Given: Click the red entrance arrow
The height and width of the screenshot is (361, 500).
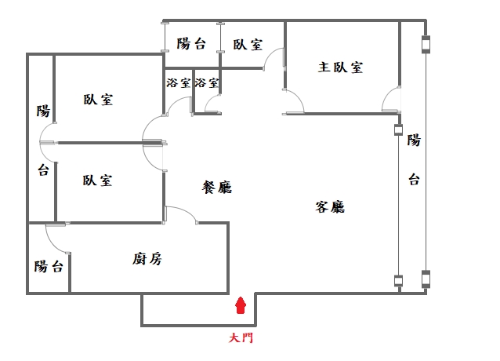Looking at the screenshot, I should click(x=241, y=304).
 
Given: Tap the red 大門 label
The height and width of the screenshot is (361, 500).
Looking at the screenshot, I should click(x=241, y=339).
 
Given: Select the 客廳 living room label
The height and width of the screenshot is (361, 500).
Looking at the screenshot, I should click(x=331, y=207).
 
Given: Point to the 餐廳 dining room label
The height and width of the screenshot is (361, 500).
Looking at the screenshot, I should click(x=217, y=188).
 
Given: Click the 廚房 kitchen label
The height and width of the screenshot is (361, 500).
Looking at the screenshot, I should click(x=147, y=259).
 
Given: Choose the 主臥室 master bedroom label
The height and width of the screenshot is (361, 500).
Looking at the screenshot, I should click(x=340, y=67).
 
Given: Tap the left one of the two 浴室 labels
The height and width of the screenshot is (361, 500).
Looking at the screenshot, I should click(x=178, y=82).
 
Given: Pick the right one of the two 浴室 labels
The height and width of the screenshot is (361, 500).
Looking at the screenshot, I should click(x=207, y=82).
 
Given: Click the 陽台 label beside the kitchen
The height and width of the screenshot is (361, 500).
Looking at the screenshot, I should click(x=49, y=267).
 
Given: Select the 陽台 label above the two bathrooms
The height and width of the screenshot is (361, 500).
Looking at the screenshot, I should click(x=191, y=44).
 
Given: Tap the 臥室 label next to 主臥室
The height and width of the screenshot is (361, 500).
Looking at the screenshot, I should click(x=248, y=44).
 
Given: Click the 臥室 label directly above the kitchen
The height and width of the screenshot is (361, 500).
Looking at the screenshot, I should click(x=97, y=180).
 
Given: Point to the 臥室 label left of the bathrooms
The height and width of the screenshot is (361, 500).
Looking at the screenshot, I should click(x=97, y=100).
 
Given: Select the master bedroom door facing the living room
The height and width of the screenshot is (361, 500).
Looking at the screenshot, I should click(x=293, y=102).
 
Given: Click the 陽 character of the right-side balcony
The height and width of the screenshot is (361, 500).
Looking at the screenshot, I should click(x=413, y=140).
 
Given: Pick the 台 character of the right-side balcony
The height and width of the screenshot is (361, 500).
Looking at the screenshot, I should click(x=413, y=180).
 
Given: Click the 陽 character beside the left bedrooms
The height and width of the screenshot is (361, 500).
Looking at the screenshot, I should click(x=43, y=111).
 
